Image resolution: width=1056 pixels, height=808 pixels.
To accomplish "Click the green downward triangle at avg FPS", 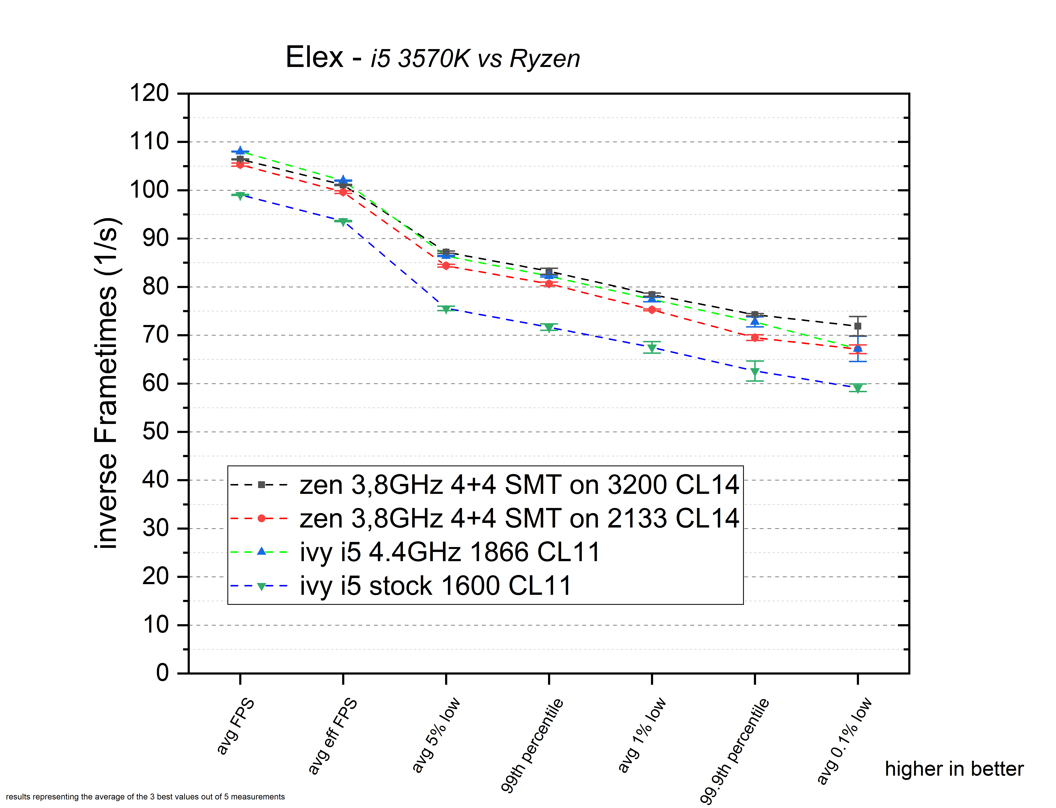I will coord(240,196).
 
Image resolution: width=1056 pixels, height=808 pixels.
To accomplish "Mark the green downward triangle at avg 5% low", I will coord(446,309).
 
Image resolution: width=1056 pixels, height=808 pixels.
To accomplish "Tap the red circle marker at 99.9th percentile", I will coord(755,338).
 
